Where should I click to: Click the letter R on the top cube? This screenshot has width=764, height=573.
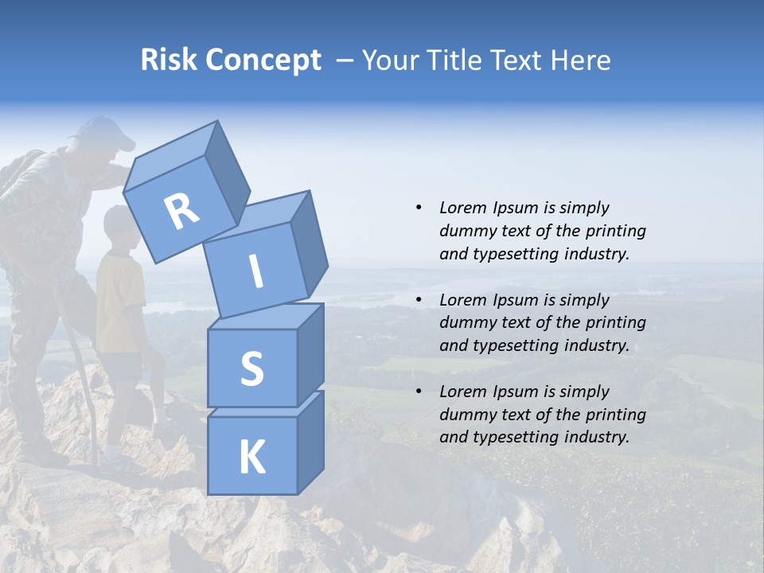pyautogui.click(x=182, y=212)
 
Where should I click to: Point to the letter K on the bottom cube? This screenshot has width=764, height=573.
pyautogui.click(x=251, y=458)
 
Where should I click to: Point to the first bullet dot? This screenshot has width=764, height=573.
pyautogui.click(x=419, y=208)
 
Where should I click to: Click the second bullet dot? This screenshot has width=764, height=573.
pyautogui.click(x=419, y=300)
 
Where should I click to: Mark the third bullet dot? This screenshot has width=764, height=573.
pyautogui.click(x=419, y=392)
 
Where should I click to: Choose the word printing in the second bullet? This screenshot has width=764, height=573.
pyautogui.click(x=615, y=322)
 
